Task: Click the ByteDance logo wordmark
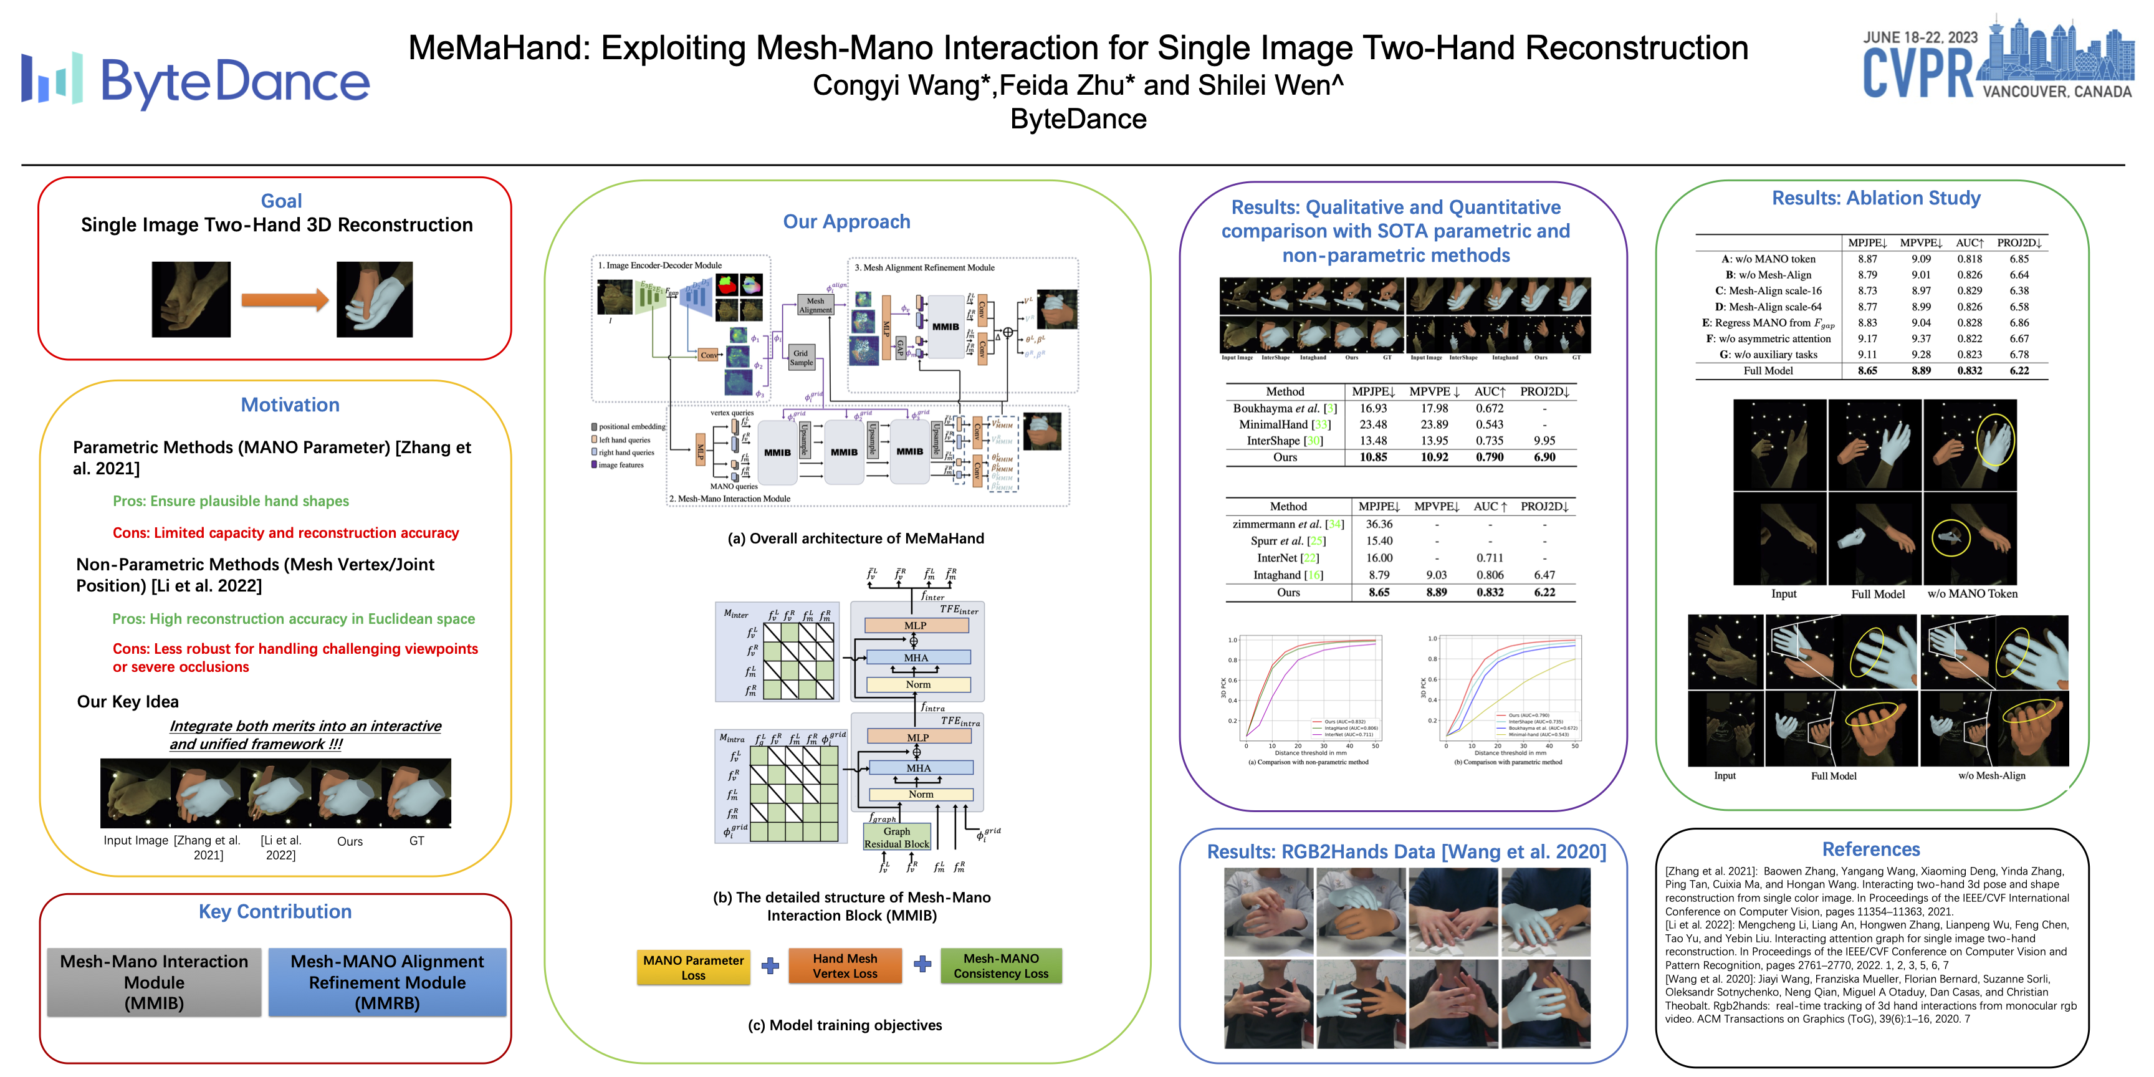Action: [234, 82]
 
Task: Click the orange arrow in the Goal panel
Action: [284, 299]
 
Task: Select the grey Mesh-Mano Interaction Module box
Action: [154, 982]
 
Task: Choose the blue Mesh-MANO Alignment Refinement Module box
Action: [387, 982]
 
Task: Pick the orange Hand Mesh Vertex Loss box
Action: [845, 966]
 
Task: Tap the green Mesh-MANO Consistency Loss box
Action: [1001, 966]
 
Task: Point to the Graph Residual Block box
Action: [896, 837]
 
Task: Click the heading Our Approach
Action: [846, 222]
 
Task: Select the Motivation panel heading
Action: [290, 404]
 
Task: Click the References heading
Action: [1870, 850]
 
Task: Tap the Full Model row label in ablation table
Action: [1768, 370]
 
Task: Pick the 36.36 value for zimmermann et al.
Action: [1379, 524]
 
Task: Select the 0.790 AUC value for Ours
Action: [1489, 457]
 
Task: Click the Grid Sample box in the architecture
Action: [801, 358]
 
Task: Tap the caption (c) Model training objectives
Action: [845, 1025]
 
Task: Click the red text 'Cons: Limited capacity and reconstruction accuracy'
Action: [286, 533]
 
